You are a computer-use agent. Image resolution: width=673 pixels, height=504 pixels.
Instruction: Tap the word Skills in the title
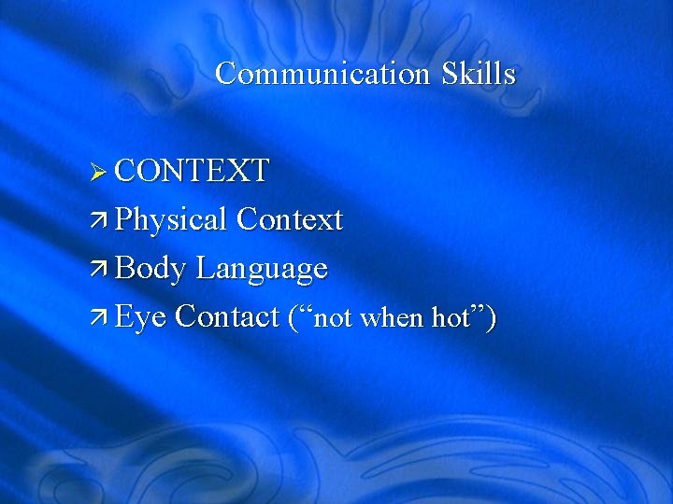[x=478, y=74]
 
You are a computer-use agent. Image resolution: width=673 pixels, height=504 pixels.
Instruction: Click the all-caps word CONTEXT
[x=193, y=171]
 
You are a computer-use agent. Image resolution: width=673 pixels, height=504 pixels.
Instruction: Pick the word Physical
[x=171, y=220]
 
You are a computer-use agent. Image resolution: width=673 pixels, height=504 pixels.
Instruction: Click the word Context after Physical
[x=290, y=220]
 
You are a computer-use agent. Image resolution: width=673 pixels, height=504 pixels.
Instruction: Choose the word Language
[x=262, y=270]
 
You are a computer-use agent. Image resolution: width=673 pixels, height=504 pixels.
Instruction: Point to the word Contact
[x=227, y=317]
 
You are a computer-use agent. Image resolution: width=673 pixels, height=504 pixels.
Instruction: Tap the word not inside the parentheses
[x=332, y=319]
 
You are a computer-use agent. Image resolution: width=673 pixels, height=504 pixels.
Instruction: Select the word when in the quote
[x=392, y=319]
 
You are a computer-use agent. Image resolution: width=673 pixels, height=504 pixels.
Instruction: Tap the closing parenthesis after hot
[x=490, y=318]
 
